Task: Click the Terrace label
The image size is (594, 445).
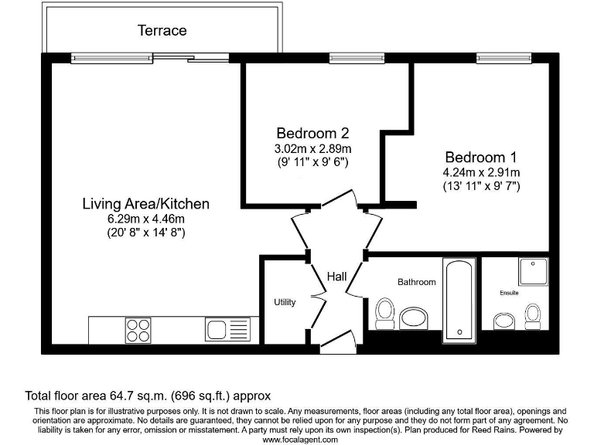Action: [162, 30]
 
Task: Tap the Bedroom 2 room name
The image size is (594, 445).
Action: [312, 133]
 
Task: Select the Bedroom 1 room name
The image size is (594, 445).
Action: [481, 157]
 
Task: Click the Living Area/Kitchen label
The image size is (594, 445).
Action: [146, 204]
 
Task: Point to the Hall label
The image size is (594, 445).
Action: [336, 277]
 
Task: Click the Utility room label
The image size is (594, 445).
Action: [285, 302]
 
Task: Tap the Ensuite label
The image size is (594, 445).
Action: [509, 293]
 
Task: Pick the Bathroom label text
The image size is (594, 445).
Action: [417, 282]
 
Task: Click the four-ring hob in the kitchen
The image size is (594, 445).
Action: [138, 331]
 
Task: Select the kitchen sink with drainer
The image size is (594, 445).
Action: [227, 329]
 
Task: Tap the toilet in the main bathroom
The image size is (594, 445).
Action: [385, 314]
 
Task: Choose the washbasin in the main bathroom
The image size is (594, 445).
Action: [413, 318]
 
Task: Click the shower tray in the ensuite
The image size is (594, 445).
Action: [534, 272]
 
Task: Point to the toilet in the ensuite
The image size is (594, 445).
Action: [533, 316]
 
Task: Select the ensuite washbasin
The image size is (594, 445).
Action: [504, 321]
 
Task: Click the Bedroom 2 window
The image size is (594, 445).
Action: [357, 58]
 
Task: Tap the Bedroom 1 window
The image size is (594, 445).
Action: [504, 58]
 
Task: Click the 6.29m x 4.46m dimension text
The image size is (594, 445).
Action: [146, 219]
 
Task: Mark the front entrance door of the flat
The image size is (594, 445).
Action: [338, 342]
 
